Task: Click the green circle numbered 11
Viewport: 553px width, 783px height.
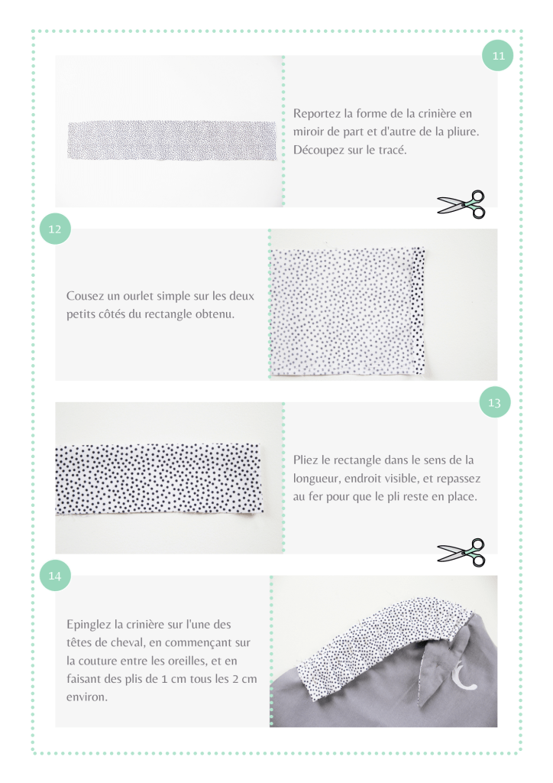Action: point(498,55)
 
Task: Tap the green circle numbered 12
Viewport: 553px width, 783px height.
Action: point(55,229)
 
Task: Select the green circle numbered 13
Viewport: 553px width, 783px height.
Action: point(495,402)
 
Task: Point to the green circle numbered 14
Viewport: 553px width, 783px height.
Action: point(55,576)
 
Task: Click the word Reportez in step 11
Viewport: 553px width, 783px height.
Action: point(317,114)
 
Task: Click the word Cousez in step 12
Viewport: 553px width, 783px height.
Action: point(86,296)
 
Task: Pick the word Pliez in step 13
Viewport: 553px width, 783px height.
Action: point(305,460)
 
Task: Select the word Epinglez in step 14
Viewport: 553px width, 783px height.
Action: point(89,625)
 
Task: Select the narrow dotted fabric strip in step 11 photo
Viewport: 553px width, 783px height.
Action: point(172,141)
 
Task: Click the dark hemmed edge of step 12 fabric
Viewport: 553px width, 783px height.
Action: point(419,310)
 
